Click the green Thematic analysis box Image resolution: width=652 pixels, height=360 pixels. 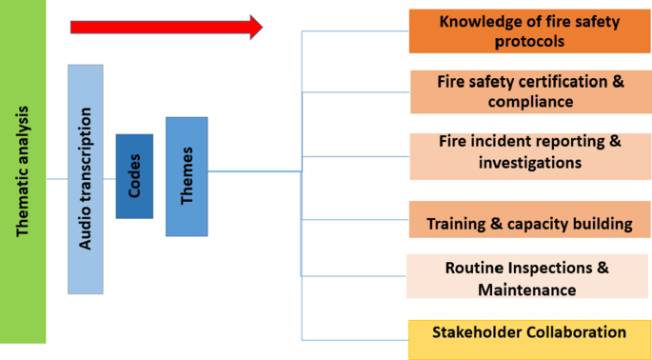tap(23, 171)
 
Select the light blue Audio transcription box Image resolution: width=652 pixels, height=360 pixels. tap(86, 179)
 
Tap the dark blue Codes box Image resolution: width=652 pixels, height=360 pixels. tap(134, 176)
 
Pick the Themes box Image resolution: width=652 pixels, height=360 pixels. tap(187, 176)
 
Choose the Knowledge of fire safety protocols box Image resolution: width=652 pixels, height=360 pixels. tap(529, 30)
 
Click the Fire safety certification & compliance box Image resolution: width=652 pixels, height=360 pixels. tap(529, 91)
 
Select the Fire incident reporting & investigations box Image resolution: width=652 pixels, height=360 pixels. tap(529, 152)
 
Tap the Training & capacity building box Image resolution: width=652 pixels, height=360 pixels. tap(529, 224)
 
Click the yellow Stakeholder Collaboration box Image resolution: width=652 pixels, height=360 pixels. tap(529, 335)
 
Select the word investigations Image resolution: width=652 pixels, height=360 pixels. tap(529, 163)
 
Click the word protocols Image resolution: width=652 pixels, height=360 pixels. tap(529, 42)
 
